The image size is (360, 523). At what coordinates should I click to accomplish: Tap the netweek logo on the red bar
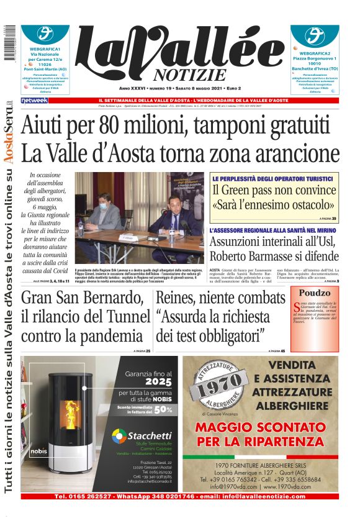34,100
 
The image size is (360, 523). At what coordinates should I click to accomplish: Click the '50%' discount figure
163,409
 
